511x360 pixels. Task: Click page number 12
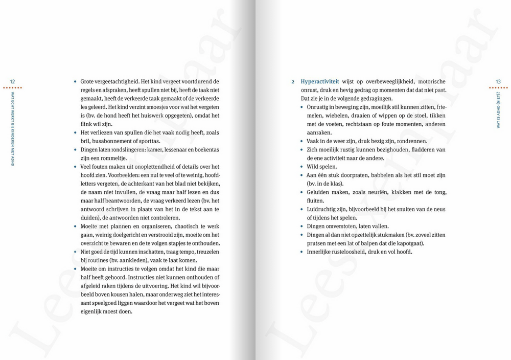tap(12, 81)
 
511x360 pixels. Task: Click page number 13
tap(498, 81)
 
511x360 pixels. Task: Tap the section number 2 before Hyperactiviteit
tap(293, 82)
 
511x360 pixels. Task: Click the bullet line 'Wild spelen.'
tap(321, 167)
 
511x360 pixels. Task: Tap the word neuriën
tap(377, 192)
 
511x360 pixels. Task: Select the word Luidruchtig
tap(322, 209)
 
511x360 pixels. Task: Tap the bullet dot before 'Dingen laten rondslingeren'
tap(75, 150)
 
